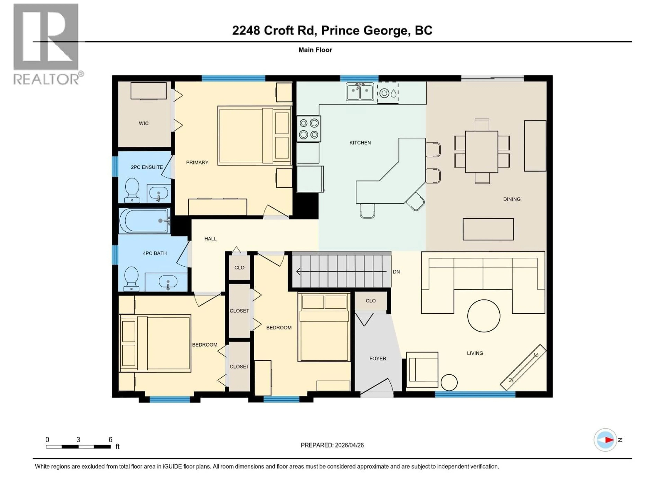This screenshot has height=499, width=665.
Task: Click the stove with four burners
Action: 309,129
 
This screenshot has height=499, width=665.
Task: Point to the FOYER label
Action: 378,358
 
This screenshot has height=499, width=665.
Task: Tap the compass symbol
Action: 605,440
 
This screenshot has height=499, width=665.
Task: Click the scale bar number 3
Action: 78,439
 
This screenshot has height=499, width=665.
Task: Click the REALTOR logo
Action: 47,44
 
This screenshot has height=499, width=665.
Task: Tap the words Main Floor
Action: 315,50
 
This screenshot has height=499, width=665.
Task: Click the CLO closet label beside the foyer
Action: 370,301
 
